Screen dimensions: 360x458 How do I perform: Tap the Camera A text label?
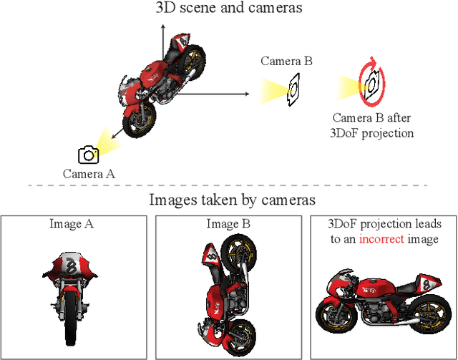pyautogui.click(x=89, y=173)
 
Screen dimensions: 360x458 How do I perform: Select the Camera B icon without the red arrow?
pyautogui.click(x=293, y=90)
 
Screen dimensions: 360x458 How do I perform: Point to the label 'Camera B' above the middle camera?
pyautogui.click(x=286, y=62)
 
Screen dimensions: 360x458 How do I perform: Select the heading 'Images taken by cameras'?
pyautogui.click(x=233, y=200)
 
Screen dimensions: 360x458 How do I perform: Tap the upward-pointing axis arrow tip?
pyautogui.click(x=162, y=24)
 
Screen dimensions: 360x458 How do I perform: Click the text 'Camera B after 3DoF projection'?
pyautogui.click(x=373, y=125)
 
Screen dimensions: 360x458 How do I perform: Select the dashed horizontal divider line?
pyautogui.click(x=229, y=185)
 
